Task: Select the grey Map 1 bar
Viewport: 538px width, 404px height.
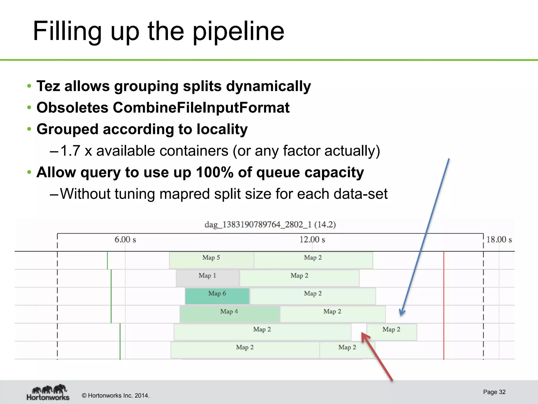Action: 207,278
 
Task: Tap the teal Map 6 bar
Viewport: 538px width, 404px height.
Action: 217,296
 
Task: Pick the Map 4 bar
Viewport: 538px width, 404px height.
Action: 229,314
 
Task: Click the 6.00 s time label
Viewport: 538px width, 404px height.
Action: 125,240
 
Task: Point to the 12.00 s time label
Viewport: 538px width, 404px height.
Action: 312,240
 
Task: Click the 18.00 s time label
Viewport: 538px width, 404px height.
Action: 499,240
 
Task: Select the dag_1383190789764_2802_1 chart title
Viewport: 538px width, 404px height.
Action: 270,225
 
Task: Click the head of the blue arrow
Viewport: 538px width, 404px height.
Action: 401,313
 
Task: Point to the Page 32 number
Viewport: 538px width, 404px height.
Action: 494,392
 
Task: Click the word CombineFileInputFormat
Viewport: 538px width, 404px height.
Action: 201,108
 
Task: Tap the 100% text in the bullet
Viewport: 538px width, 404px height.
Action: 215,172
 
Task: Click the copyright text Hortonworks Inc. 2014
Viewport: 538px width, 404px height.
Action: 116,396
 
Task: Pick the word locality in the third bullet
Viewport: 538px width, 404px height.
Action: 222,129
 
